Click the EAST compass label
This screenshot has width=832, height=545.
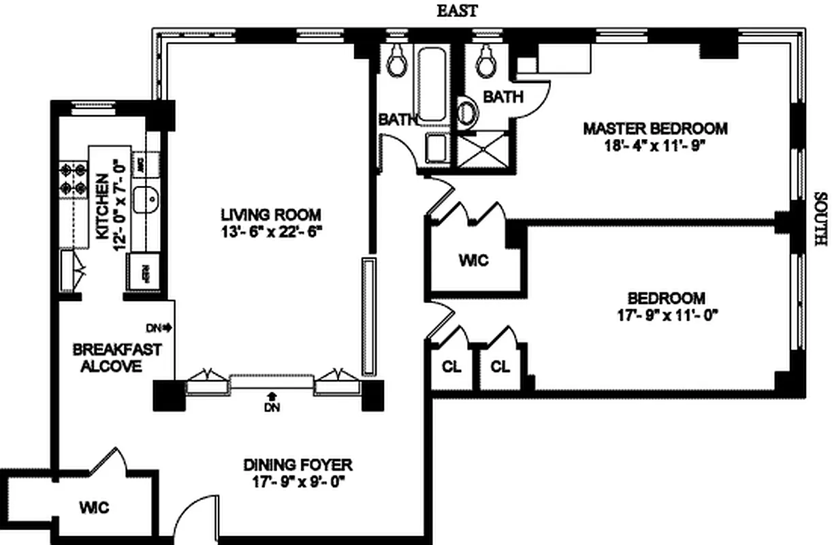(x=457, y=11)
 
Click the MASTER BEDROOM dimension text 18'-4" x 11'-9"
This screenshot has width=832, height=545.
(x=654, y=146)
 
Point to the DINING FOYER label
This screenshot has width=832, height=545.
(x=298, y=465)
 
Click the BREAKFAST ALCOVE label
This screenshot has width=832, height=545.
(x=117, y=358)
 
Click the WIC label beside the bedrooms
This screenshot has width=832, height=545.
(x=473, y=260)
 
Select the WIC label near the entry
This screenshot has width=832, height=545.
(x=94, y=508)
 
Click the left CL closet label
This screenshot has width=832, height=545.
(x=451, y=367)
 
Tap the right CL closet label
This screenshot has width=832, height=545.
(x=500, y=367)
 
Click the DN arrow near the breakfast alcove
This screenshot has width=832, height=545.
(x=162, y=328)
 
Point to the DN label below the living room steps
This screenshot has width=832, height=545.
(x=272, y=407)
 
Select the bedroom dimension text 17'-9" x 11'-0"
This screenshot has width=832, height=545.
(x=666, y=315)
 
